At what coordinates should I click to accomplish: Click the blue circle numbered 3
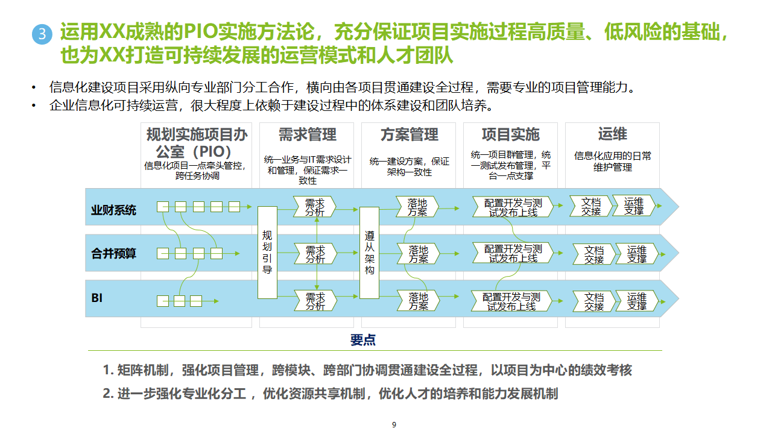coord(42,34)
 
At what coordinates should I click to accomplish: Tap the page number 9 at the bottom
coord(394,425)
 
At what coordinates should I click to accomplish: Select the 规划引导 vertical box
coord(267,253)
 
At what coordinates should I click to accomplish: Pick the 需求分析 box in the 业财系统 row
coord(314,207)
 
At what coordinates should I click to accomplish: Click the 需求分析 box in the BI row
coord(314,301)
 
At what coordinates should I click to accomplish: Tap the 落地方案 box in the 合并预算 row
coord(417,254)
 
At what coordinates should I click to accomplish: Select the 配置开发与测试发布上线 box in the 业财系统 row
coord(512,207)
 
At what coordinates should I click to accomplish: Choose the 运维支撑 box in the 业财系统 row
coord(633,207)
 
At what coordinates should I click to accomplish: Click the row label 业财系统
coord(113,210)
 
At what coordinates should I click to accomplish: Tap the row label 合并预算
coord(113,254)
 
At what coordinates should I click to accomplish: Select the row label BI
coord(97,298)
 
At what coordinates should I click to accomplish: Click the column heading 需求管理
coord(308,134)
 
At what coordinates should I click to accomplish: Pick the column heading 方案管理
coord(410,134)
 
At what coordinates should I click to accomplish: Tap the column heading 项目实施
coord(511,134)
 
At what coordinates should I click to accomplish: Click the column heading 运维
coord(612,134)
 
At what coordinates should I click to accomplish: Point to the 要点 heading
coord(363,340)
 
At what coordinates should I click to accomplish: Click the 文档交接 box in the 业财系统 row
coord(590,207)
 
